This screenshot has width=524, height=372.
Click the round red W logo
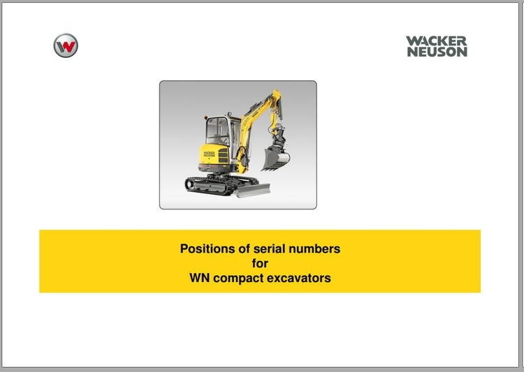(66, 45)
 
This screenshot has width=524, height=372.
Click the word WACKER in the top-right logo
(437, 41)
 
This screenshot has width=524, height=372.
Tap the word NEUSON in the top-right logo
(437, 52)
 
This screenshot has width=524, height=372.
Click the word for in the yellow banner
(260, 263)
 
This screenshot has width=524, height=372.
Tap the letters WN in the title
(200, 278)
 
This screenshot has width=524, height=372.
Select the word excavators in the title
(299, 278)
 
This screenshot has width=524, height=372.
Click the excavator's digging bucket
(275, 158)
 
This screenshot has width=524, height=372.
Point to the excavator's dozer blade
(253, 191)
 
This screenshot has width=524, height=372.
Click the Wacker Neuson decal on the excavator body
(209, 154)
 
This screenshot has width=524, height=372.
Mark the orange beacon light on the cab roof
(206, 118)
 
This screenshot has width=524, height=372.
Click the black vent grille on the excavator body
(224, 156)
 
